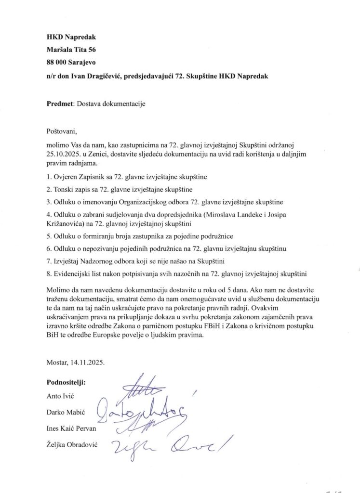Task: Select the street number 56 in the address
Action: tap(91, 49)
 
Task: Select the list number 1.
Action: tap(49, 176)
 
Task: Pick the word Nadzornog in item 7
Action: tap(99, 261)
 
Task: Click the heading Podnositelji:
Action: tap(67, 383)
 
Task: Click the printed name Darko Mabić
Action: tap(64, 412)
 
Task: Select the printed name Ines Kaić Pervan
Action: tap(72, 428)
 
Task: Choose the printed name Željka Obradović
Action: tap(72, 445)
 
